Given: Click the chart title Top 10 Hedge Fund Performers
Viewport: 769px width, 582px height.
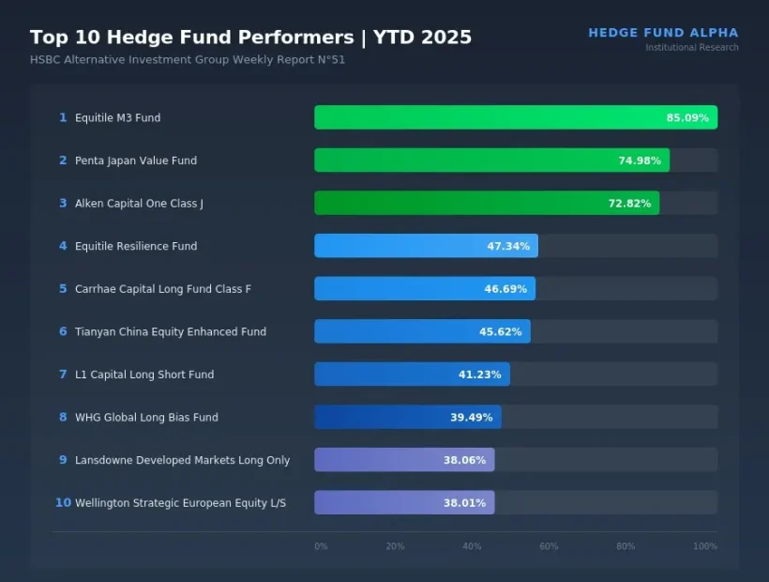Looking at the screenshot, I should [250, 38].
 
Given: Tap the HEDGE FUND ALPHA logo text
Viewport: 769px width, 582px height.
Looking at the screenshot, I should [663, 33].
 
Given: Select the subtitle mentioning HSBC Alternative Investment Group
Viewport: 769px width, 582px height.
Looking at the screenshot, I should [188, 60].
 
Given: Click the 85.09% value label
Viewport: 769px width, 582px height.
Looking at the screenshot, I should [687, 118].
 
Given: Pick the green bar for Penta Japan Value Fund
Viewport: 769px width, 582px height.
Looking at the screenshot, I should [491, 161].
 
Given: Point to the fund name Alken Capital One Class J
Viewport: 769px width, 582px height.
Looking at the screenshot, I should [139, 204].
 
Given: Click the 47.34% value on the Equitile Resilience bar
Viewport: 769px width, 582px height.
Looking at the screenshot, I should [507, 247].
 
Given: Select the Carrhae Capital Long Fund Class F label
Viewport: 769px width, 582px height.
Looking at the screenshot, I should [163, 289].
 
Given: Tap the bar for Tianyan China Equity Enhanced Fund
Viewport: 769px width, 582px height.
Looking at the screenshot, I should [422, 331].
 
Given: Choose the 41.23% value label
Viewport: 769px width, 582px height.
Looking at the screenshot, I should [480, 375].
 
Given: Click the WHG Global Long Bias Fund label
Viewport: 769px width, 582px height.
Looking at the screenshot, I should [146, 418].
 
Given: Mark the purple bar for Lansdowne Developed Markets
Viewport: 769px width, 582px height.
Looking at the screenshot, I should [403, 460].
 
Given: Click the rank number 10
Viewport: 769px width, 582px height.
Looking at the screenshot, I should [63, 503].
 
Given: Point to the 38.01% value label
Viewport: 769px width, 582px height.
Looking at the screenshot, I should [464, 503].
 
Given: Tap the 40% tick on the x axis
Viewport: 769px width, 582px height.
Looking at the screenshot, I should [472, 546].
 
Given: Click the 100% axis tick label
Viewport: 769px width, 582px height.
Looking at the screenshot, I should [704, 546].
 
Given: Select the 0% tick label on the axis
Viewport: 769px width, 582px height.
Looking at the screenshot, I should [321, 546].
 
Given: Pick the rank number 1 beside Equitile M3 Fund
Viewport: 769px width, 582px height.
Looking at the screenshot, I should [63, 118].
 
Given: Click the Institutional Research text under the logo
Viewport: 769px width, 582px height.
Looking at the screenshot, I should [691, 48].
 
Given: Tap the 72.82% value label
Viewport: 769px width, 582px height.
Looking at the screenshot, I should [629, 204].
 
